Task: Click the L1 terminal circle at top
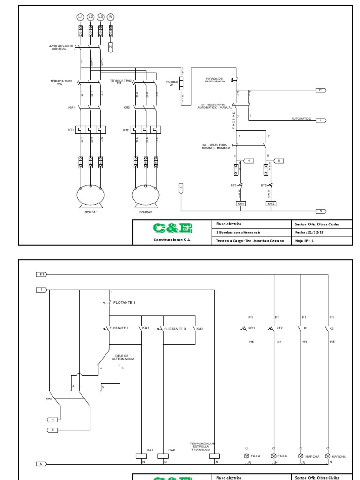(x=81, y=17)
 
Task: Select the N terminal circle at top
(x=111, y=17)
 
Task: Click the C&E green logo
(x=172, y=228)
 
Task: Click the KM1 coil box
(x=241, y=203)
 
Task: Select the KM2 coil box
(x=271, y=203)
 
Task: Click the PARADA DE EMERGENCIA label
(x=215, y=80)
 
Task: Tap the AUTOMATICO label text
(x=301, y=119)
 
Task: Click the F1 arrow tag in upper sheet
(x=321, y=90)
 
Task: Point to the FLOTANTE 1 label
(x=124, y=303)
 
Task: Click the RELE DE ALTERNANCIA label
(x=124, y=357)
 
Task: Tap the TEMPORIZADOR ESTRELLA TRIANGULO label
(x=202, y=446)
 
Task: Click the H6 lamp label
(x=251, y=342)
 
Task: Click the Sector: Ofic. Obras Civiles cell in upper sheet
(x=317, y=224)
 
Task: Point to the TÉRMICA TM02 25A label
(x=120, y=82)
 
